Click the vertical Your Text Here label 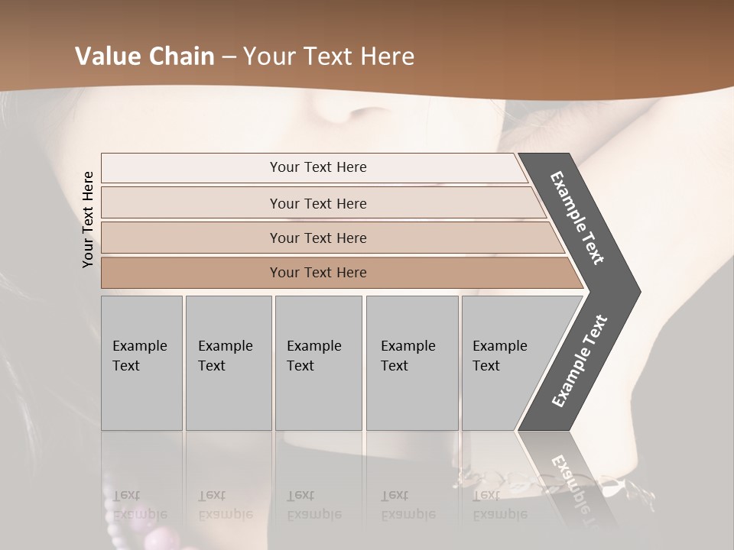[89, 220]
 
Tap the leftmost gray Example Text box [141, 363]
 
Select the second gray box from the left [229, 363]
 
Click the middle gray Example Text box [318, 363]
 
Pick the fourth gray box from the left [412, 363]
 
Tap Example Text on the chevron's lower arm [580, 361]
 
